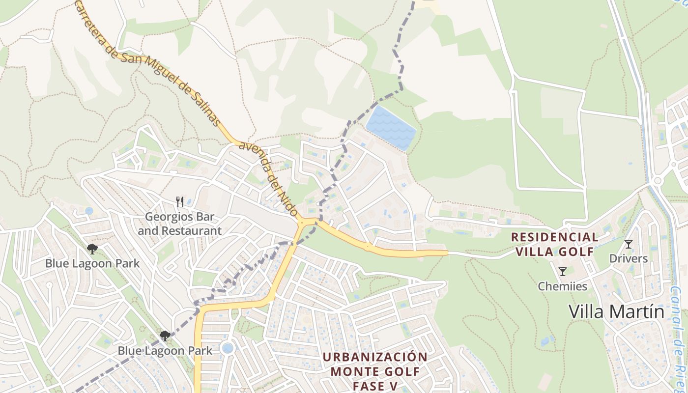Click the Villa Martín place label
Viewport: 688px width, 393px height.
click(x=616, y=311)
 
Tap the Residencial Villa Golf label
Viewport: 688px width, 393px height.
click(x=555, y=244)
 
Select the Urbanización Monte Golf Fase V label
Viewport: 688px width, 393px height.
click(x=375, y=371)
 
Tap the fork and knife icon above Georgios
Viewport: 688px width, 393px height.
click(x=180, y=201)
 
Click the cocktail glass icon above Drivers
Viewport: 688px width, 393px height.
click(x=628, y=244)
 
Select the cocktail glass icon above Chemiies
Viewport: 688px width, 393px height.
click(x=563, y=271)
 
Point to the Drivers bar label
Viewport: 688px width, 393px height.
click(x=628, y=258)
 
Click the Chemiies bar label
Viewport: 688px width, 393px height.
click(x=563, y=286)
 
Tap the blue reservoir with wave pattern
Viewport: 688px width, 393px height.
click(x=391, y=127)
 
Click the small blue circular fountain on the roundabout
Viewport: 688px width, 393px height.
click(x=227, y=348)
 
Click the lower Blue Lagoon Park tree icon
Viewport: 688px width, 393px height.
click(x=165, y=336)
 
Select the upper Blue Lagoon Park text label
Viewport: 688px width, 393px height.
click(x=92, y=263)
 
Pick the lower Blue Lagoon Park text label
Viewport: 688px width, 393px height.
click(x=165, y=351)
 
